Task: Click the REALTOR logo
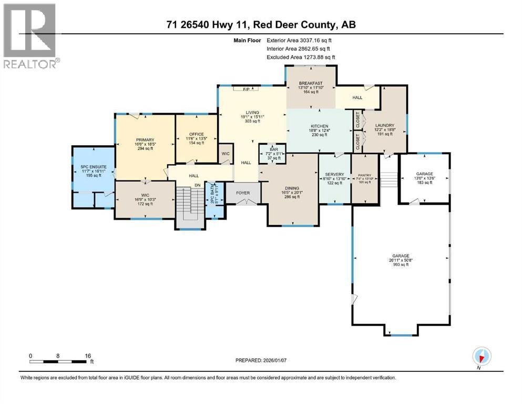tap(30, 36)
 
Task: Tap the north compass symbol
tap(480, 357)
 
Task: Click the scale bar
tap(58, 361)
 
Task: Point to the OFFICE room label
tap(196, 134)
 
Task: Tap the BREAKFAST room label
tap(310, 84)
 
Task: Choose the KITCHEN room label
tap(319, 126)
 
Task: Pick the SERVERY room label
tap(334, 175)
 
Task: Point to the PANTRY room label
tap(364, 175)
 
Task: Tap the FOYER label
tap(243, 193)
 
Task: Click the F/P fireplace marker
tap(245, 89)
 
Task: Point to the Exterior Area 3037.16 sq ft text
tap(300, 39)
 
